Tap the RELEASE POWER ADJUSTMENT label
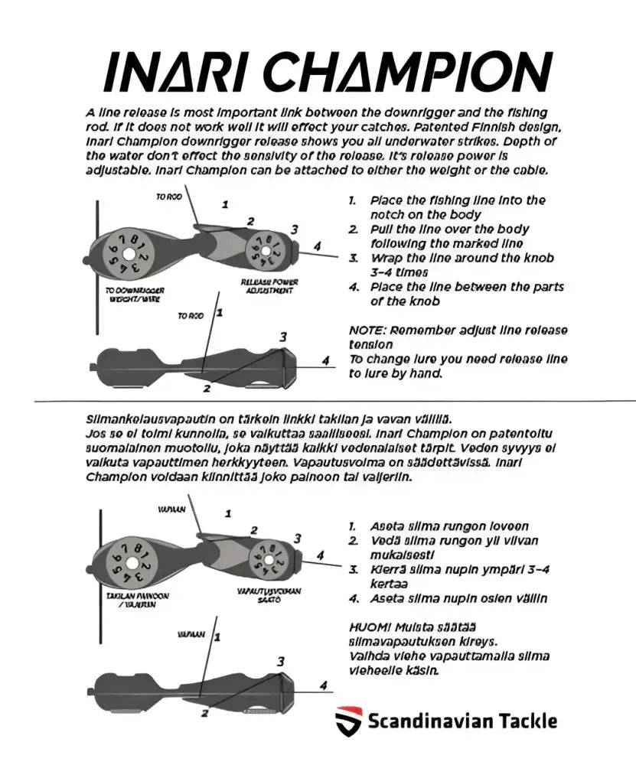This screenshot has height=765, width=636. (269, 286)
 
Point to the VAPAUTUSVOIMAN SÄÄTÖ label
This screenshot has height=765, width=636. (269, 594)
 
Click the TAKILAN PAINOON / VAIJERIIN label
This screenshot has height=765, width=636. (138, 600)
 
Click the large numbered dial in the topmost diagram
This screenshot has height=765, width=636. (129, 253)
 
